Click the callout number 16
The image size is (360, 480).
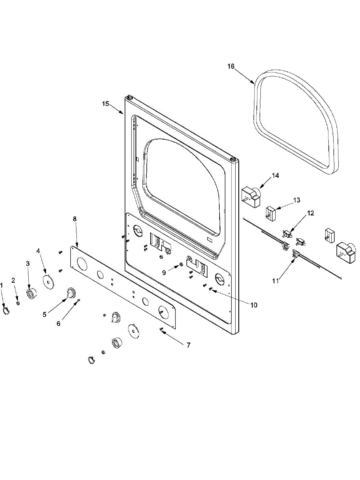[x=231, y=66]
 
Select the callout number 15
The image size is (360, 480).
[x=105, y=104]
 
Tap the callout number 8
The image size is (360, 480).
[x=74, y=219]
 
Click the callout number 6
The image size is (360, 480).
[x=58, y=323]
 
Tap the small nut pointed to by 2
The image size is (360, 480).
[x=18, y=303]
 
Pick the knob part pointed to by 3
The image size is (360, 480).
[x=30, y=294]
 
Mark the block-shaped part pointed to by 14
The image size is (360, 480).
[x=250, y=196]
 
